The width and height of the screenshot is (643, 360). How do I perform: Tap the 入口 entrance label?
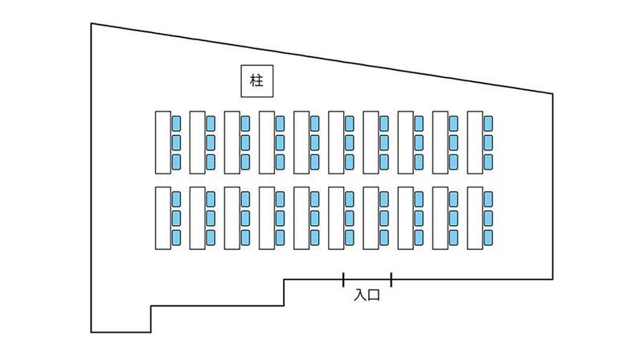[x=367, y=295]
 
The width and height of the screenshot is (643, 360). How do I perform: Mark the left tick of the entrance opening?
[x=343, y=280]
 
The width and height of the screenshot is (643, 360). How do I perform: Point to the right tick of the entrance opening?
[x=391, y=280]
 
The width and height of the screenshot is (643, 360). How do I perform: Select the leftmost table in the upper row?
[x=162, y=141]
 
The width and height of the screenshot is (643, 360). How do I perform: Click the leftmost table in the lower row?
[x=162, y=219]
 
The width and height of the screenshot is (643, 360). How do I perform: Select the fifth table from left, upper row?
[x=301, y=141]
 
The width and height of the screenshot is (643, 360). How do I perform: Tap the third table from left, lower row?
[x=232, y=219]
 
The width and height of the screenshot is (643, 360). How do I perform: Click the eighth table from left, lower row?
[x=406, y=219]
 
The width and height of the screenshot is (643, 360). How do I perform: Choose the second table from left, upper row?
[x=197, y=141]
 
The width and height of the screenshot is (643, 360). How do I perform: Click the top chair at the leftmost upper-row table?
[x=176, y=123]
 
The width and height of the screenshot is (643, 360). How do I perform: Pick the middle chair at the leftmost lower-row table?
[x=176, y=219]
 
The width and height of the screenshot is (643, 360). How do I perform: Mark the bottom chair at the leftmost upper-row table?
[x=176, y=162]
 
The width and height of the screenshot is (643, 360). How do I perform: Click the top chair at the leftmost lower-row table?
[x=176, y=199]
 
